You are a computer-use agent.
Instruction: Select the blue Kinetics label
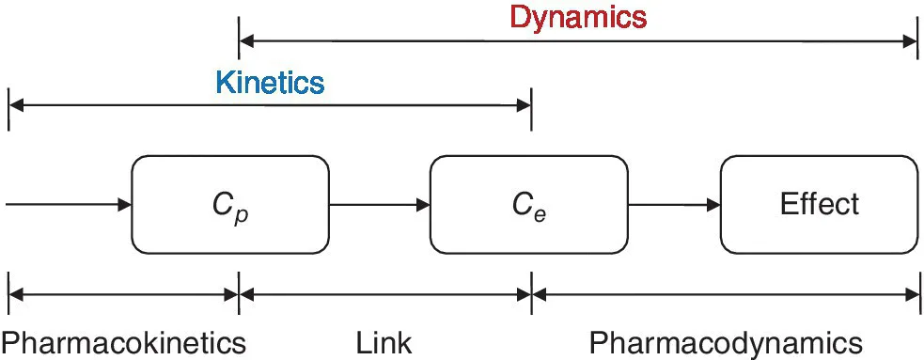coord(270,83)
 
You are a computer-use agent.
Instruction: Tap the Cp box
coord(229,204)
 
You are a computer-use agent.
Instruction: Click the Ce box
coord(528,204)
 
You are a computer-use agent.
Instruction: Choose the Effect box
coord(819,204)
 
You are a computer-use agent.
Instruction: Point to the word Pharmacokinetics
coord(123,342)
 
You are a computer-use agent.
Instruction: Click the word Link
coord(384,342)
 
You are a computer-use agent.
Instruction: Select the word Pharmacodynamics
coord(725,342)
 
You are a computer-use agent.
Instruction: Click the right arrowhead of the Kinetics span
coord(525,107)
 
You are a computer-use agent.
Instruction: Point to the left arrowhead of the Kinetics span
coord(16,107)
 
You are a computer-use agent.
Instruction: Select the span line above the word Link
coord(385,295)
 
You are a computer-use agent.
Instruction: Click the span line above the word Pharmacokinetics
coord(123,295)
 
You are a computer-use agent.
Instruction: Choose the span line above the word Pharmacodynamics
coord(725,295)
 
